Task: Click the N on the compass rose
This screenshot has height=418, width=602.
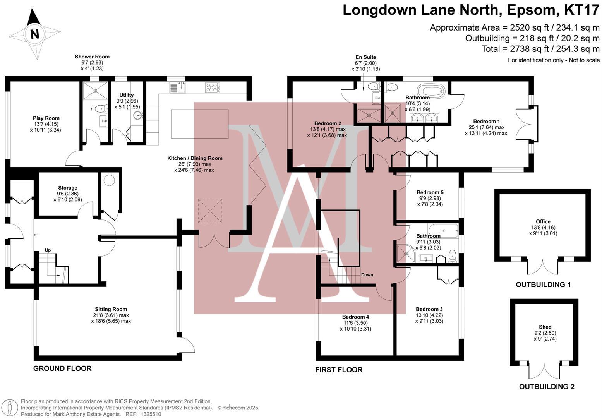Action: tap(35, 34)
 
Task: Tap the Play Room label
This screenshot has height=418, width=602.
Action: tap(46, 118)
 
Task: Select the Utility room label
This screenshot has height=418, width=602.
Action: tap(127, 95)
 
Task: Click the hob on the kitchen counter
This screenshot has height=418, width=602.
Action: tap(212, 87)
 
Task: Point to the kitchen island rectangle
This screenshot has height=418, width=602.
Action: tap(199, 124)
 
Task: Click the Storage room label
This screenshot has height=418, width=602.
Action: tap(68, 188)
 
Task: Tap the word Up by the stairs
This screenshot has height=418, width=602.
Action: tap(48, 250)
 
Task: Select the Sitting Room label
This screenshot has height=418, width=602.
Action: tap(111, 309)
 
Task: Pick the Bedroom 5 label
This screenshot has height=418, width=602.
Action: tap(430, 192)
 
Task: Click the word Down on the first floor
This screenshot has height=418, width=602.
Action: tap(367, 275)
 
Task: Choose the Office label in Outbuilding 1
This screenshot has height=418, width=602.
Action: tap(543, 222)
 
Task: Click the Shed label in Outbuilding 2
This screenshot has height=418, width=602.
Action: tap(545, 327)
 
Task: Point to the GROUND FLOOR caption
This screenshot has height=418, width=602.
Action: tap(62, 368)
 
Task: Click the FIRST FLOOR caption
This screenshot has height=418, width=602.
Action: tap(339, 370)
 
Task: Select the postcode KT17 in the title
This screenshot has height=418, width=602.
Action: tap(581, 10)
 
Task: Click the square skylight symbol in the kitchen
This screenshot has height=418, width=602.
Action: tap(210, 211)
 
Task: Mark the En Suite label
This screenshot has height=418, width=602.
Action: tap(366, 57)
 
